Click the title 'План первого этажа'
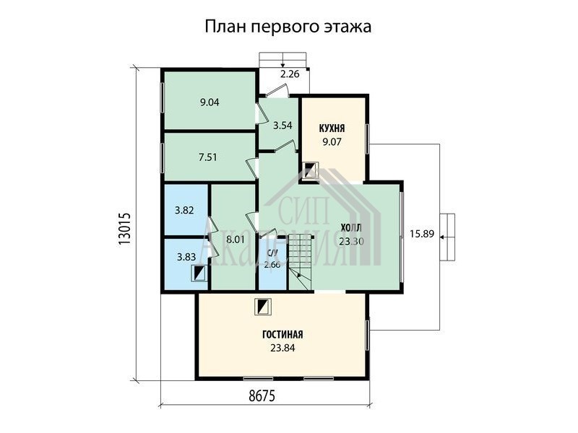(x=288, y=27)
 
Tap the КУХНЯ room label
(x=332, y=128)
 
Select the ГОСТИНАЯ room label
(x=282, y=335)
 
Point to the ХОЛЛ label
(x=351, y=227)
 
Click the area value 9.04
(x=210, y=102)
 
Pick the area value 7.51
(x=208, y=157)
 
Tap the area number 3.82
(x=184, y=211)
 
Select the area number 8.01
(x=236, y=240)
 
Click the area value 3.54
(x=282, y=126)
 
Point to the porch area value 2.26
(x=290, y=74)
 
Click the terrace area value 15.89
(x=422, y=234)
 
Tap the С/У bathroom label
(x=272, y=253)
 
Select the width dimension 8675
(x=262, y=396)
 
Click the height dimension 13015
(x=124, y=229)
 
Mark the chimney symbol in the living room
(x=264, y=307)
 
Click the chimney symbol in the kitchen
(x=310, y=171)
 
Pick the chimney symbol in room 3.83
(x=199, y=274)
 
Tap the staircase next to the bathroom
(x=301, y=263)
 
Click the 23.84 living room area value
(x=282, y=348)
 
